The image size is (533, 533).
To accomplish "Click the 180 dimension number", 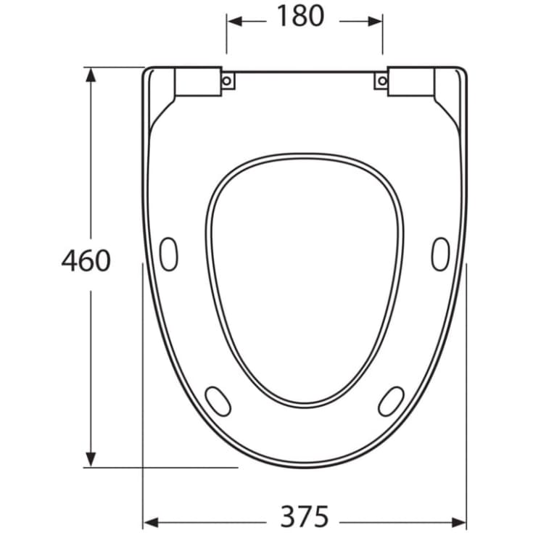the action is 301,16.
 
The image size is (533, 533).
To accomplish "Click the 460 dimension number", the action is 86,260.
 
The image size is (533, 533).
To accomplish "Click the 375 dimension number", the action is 305,516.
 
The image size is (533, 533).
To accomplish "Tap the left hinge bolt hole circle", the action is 227,81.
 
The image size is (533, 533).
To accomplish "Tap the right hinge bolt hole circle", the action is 382,81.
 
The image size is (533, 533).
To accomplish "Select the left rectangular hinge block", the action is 198,81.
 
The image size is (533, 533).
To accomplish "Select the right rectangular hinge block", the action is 411,81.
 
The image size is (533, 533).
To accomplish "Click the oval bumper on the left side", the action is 168,255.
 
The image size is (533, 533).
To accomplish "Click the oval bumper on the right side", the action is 441,255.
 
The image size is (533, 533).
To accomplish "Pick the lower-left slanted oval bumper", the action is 218,401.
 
